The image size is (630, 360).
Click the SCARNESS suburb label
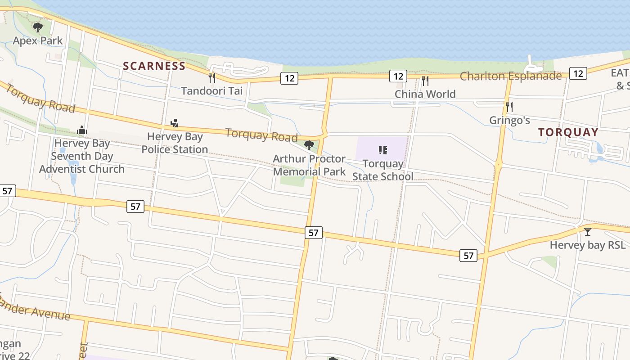[x=154, y=66]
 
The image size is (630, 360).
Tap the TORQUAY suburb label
[x=568, y=132]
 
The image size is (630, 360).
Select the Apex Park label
[x=38, y=41]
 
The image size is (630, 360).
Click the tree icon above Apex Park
[x=38, y=27]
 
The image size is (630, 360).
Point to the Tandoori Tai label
[x=212, y=91]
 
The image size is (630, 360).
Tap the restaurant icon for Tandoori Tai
[x=212, y=78]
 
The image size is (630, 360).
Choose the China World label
[x=425, y=94]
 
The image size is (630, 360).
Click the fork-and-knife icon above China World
[x=425, y=81]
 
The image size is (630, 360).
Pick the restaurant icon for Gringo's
[x=509, y=107]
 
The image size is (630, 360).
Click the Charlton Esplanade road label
[x=510, y=76]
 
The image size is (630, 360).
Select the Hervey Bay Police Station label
[x=175, y=143]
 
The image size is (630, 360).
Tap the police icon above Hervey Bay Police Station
[x=175, y=123]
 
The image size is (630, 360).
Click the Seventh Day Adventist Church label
[x=81, y=156]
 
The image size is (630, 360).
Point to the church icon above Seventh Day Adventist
[x=81, y=130]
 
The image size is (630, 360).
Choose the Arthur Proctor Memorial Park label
[x=309, y=165]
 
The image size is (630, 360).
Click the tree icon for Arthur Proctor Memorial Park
[x=309, y=145]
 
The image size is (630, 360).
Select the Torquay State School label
[x=382, y=170]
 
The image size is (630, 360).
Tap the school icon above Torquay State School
[x=382, y=150]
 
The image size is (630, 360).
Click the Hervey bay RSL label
[x=588, y=245]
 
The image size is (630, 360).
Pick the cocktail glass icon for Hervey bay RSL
[x=588, y=232]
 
